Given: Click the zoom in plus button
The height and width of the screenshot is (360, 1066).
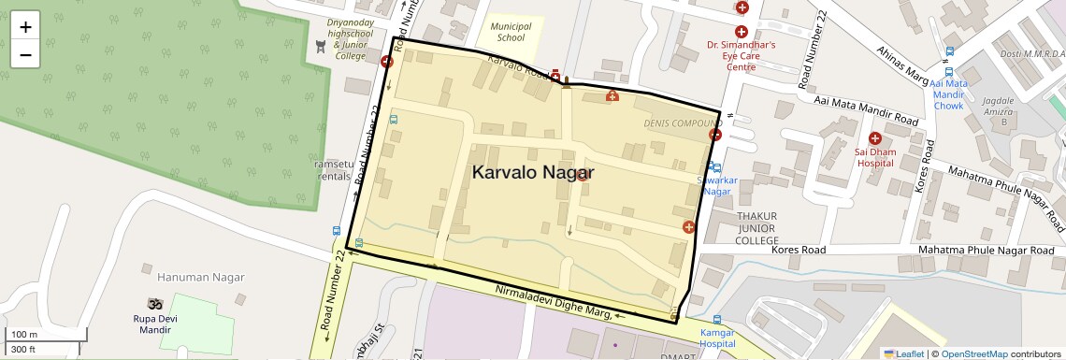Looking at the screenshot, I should (x=25, y=27).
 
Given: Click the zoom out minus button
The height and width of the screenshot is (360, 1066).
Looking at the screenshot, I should (x=25, y=54).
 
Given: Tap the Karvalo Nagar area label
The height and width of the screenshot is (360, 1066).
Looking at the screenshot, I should (x=532, y=172).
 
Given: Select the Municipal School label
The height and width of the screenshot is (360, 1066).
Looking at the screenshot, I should (x=511, y=33).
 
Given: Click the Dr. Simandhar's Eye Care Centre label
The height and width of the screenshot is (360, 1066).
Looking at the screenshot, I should (x=741, y=55).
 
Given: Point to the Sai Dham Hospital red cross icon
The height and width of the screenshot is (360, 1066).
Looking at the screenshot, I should (x=875, y=138).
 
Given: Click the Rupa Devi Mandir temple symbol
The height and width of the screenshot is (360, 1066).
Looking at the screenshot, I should (x=153, y=304).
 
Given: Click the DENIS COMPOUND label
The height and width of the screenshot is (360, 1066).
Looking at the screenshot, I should (x=683, y=123).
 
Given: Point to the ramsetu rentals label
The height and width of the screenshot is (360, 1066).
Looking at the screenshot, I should (x=334, y=169).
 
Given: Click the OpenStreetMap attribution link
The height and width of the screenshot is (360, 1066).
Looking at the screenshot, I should (x=973, y=353).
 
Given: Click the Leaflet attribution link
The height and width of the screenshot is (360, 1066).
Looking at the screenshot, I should (x=903, y=353).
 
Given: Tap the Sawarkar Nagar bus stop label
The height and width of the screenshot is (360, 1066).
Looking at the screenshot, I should (x=716, y=185).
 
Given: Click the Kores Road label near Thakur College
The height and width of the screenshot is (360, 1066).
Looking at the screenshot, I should (x=799, y=251).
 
